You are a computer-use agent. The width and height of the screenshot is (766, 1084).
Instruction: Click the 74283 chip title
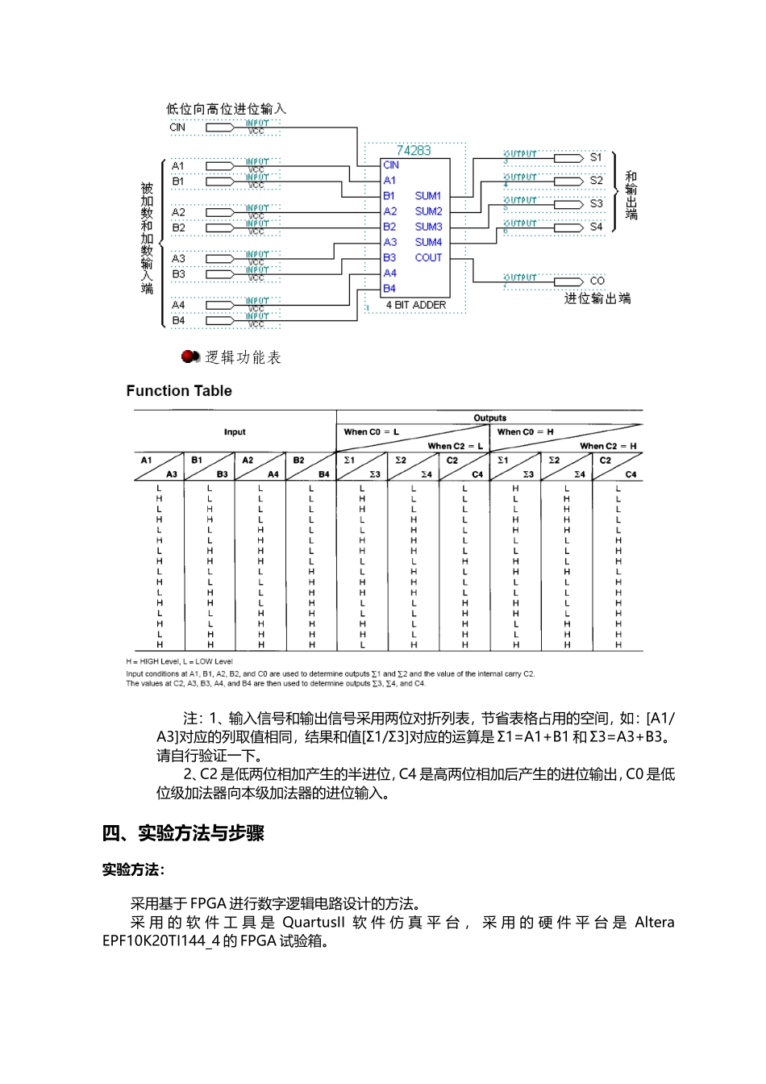(x=413, y=150)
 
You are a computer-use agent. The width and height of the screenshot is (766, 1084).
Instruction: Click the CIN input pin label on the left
(x=177, y=127)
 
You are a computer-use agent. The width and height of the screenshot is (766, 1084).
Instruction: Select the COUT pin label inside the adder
(x=428, y=258)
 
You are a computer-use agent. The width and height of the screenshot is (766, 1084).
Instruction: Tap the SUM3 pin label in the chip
(x=428, y=227)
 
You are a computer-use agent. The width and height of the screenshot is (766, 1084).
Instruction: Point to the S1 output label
(x=596, y=157)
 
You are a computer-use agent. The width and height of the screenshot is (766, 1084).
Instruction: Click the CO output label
(x=597, y=281)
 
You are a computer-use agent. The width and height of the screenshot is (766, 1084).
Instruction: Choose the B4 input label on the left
(x=178, y=320)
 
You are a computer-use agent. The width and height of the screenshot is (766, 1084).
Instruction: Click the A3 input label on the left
(x=178, y=258)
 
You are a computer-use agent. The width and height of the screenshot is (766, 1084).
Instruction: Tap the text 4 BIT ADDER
(x=415, y=305)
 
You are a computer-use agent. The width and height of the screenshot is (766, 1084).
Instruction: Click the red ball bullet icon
(x=190, y=356)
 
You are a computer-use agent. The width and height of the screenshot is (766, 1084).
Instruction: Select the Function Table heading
(x=179, y=391)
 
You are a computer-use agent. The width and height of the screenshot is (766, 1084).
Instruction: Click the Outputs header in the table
(x=489, y=418)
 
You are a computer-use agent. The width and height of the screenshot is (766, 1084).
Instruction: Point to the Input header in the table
(x=235, y=432)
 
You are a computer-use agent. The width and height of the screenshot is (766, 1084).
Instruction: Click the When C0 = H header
(x=526, y=432)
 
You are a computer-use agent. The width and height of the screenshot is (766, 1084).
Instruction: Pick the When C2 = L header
(x=455, y=446)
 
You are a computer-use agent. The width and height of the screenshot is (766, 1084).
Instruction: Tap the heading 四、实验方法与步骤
(x=183, y=834)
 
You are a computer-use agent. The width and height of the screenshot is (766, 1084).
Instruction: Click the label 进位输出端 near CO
(x=597, y=299)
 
